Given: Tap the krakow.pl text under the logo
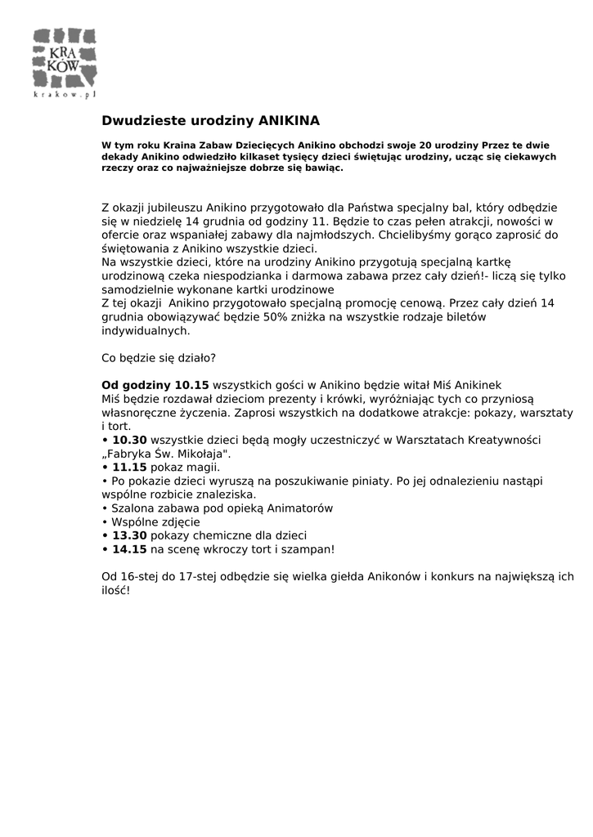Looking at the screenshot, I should [x=65, y=95].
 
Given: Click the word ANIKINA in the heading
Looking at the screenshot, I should [x=289, y=120].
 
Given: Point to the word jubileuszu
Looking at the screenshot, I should [x=174, y=208].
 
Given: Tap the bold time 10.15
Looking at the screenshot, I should [x=192, y=385].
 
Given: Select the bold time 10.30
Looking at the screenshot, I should [x=130, y=440].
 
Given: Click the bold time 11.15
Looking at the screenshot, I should [x=129, y=468].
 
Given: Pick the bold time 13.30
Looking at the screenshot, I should [x=130, y=536].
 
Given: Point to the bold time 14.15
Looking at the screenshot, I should [x=129, y=550].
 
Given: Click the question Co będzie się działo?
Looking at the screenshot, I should [x=158, y=358].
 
